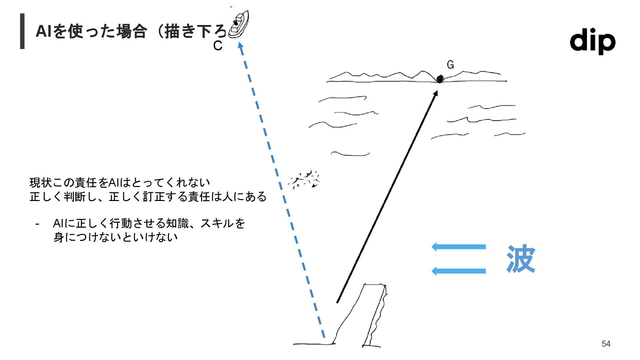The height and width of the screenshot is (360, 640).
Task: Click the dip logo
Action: click(x=592, y=41)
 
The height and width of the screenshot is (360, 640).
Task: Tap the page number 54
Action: click(x=606, y=344)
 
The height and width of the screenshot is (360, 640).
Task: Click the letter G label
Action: click(x=450, y=65)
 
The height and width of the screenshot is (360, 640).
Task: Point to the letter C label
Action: click(x=218, y=46)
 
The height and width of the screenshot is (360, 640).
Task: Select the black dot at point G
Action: click(x=440, y=79)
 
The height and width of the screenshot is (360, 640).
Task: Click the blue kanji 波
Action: click(x=521, y=259)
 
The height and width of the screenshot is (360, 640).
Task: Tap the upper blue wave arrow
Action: click(x=459, y=247)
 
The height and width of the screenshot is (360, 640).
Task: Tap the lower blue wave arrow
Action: click(x=459, y=271)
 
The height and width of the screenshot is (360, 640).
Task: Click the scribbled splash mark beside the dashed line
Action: click(x=304, y=180)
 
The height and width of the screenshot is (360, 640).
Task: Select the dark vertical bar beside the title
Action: click(x=22, y=31)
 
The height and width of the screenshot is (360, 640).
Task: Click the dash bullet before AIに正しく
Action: click(x=37, y=224)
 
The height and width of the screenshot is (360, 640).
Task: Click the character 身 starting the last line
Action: click(x=59, y=237)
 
